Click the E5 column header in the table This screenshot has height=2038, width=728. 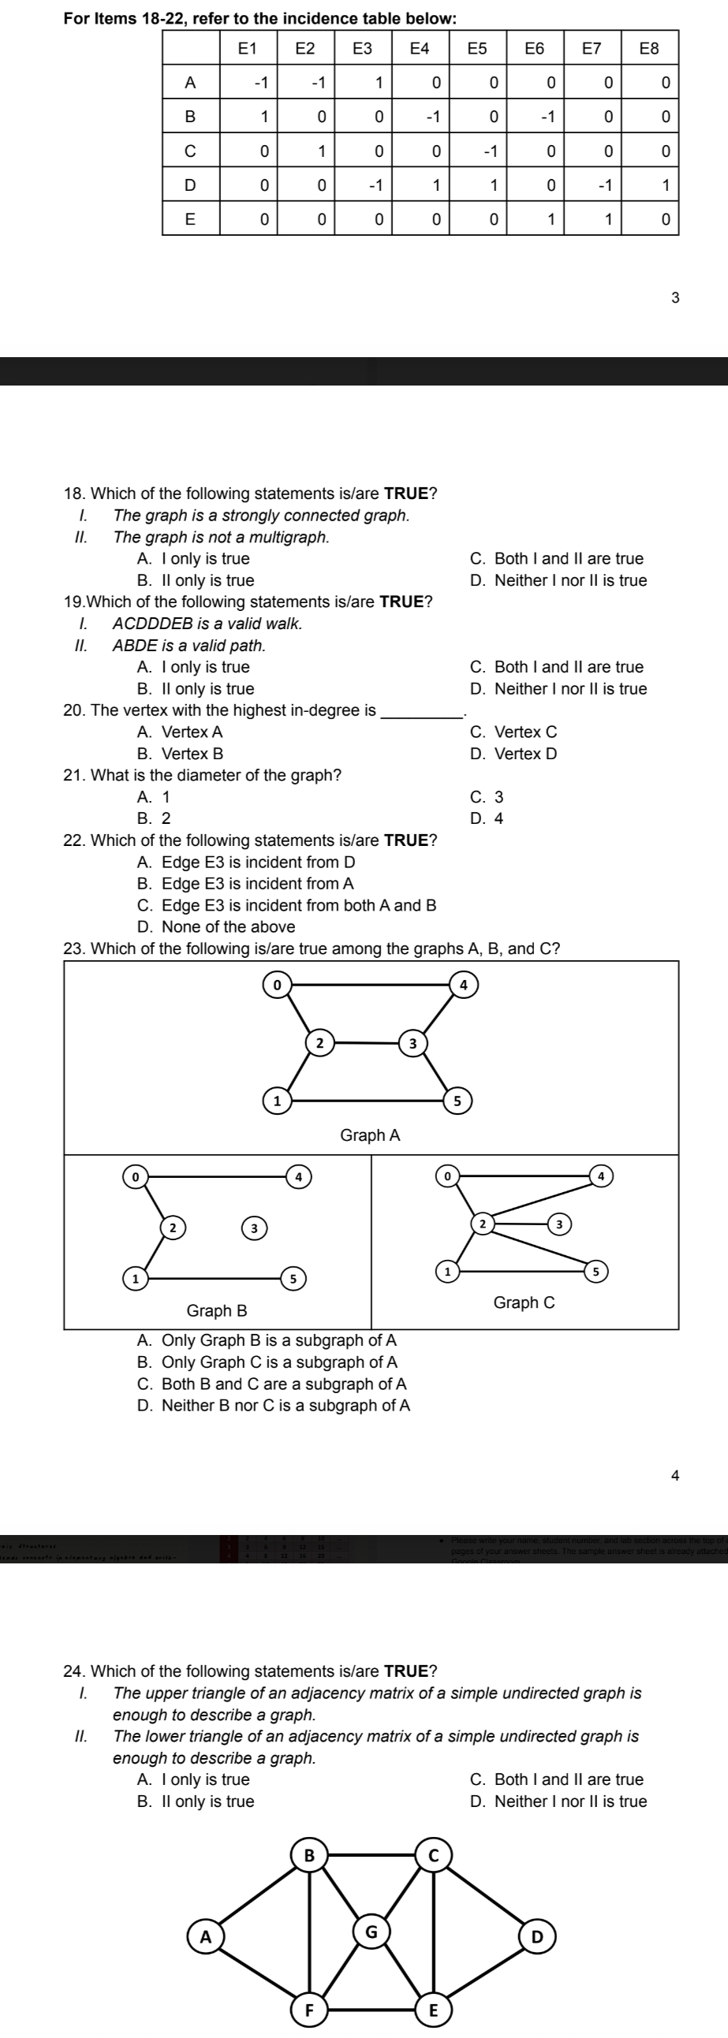477,48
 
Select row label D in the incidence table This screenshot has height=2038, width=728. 190,185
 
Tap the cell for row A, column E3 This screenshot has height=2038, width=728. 379,82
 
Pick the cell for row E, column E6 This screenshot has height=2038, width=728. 551,219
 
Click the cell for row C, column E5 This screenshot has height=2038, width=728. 491,151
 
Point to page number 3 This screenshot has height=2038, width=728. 674,298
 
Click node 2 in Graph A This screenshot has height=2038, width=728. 319,1043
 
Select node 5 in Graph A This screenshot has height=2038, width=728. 457,1101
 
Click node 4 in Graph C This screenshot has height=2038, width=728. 601,1176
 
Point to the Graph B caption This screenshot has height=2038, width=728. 217,1311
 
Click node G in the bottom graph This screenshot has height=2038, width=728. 371,1932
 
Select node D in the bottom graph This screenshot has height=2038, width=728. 537,1938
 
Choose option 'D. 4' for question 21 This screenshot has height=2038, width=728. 487,819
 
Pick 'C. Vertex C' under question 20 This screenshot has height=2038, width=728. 513,732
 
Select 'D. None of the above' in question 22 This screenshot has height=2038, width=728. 216,927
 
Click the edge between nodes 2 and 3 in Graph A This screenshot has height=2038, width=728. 365,1043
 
